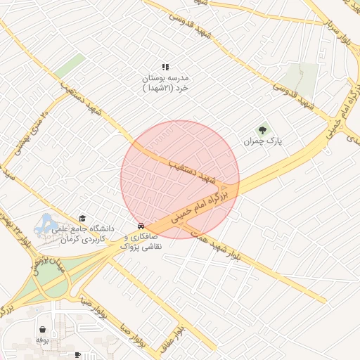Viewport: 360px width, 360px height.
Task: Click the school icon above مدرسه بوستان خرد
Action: coord(165,67)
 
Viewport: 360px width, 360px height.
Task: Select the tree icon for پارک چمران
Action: coord(263,129)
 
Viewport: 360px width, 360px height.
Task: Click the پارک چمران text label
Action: coord(262,141)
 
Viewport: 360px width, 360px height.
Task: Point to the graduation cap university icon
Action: coord(82,218)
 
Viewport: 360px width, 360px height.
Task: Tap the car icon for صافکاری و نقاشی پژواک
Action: coord(141,226)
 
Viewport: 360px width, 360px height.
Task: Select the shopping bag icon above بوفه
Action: coord(43,328)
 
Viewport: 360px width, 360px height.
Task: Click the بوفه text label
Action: coord(42,340)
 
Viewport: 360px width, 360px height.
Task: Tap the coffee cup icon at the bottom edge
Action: coord(78,355)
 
